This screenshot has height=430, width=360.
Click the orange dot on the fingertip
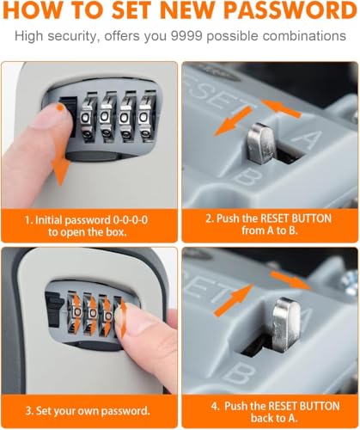coord(59,107)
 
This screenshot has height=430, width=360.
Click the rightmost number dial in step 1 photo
coord(146,116)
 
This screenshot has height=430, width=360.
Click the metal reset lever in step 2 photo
coord(261,143)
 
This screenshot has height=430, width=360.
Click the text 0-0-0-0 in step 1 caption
coord(131,220)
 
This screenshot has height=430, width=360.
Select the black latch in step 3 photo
coord(54,310)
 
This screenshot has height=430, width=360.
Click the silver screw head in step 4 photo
coord(351,283)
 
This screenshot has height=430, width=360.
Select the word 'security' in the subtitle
coord(72,37)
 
